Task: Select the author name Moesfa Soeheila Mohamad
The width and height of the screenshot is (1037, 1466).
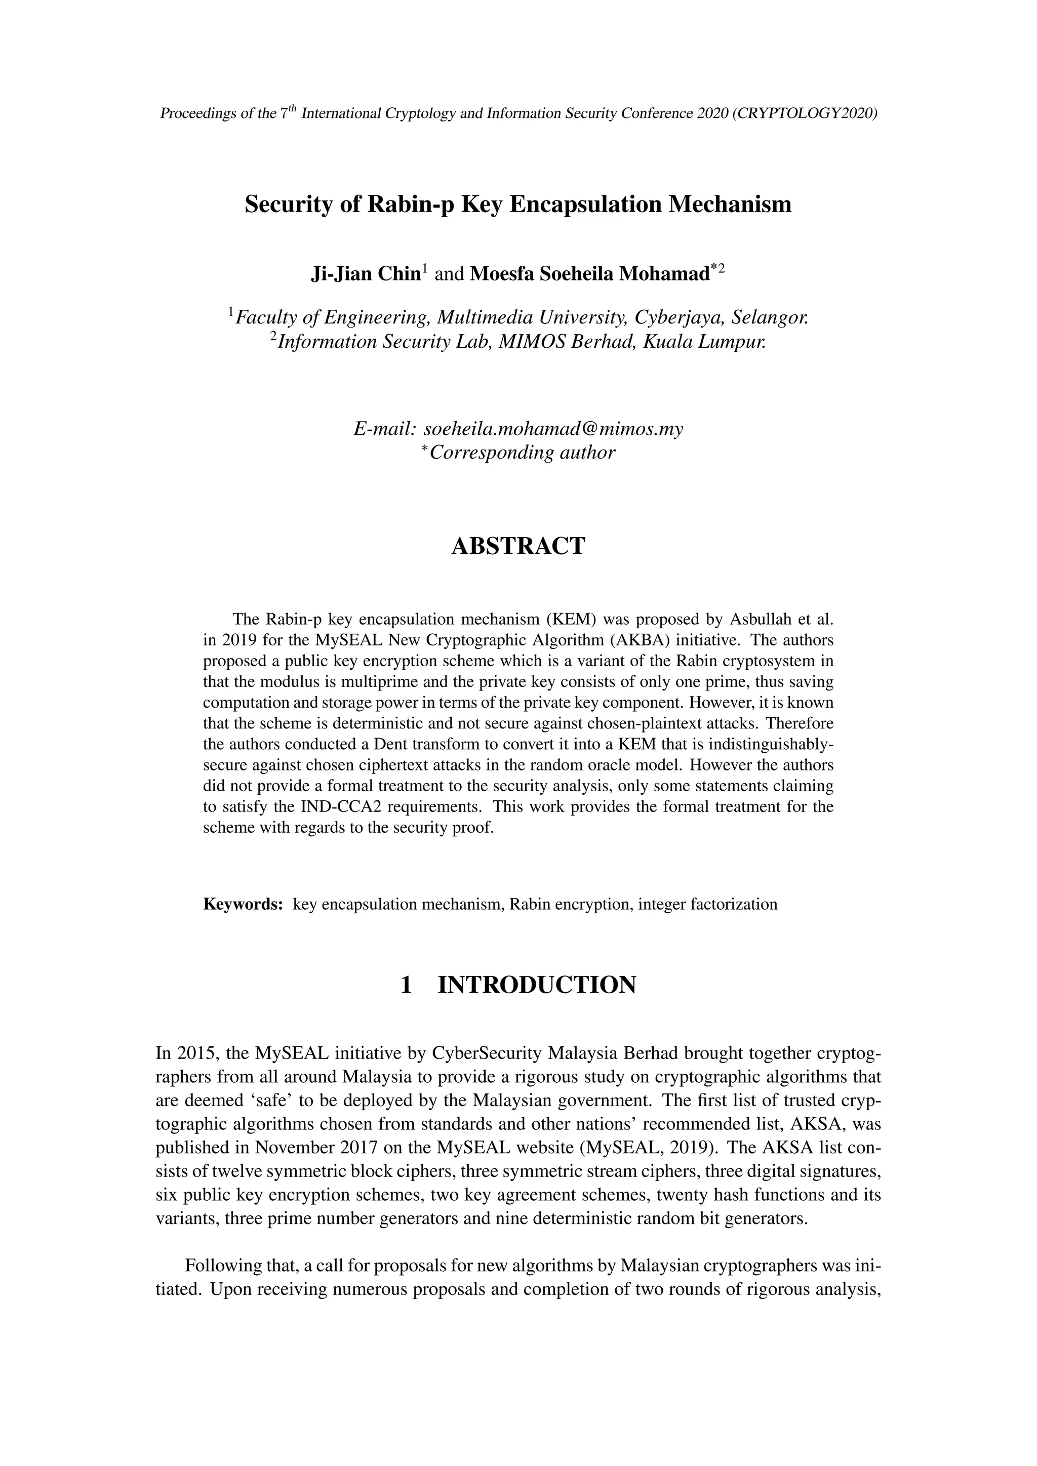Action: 589,274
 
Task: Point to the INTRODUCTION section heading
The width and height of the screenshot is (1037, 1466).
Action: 536,985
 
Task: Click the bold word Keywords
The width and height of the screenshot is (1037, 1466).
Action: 243,904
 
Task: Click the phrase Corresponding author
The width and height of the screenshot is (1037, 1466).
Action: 523,453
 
